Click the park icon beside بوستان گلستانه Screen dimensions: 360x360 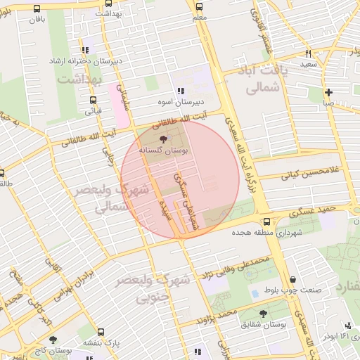[163, 139]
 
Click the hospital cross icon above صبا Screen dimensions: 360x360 [328, 92]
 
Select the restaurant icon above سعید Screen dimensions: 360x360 [308, 53]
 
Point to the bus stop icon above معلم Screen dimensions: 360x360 [199, 5]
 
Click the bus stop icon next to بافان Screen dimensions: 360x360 [36, 9]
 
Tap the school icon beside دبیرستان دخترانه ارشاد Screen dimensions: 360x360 [85, 50]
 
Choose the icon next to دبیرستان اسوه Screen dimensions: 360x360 [181, 91]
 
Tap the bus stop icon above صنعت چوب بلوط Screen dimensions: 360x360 [291, 278]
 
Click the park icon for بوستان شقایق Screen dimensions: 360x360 [263, 314]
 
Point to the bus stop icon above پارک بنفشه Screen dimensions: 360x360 [101, 332]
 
